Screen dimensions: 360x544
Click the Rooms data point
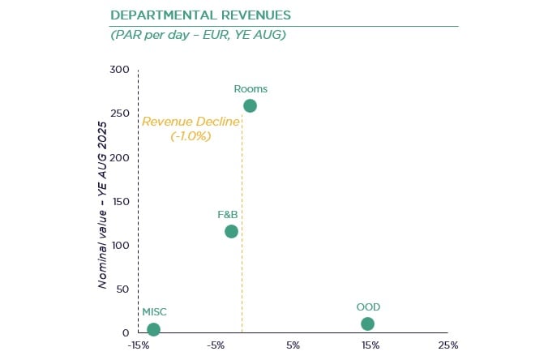pos(250,105)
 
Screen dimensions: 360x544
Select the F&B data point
pos(231,231)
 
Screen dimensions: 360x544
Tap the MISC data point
pos(153,329)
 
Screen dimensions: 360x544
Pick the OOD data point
pos(367,324)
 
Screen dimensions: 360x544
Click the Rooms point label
pos(250,89)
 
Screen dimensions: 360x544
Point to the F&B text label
pos(227,215)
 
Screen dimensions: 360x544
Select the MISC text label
pos(154,312)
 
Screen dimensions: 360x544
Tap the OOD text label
pos(368,307)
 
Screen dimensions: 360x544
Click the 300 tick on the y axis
pos(119,70)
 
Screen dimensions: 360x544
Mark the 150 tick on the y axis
pos(119,201)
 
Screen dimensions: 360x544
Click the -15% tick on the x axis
pos(138,345)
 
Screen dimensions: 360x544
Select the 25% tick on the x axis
pos(448,345)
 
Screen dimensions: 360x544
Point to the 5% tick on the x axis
pos(293,345)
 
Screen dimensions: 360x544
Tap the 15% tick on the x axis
pos(371,345)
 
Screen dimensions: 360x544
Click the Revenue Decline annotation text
pos(191,122)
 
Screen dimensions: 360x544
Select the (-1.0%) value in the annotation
pos(191,136)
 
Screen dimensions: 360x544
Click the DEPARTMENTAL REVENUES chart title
pos(201,15)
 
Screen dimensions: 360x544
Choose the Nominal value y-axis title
pos(104,204)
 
